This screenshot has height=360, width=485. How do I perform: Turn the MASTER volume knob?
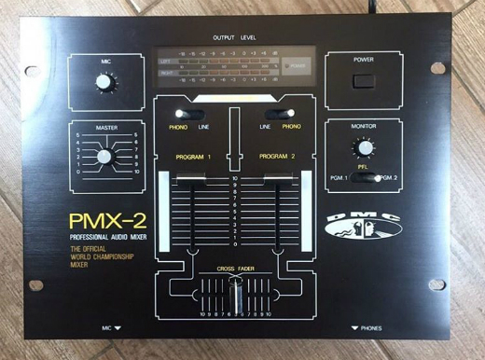[x=104, y=155]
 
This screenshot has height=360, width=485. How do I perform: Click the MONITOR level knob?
[x=362, y=146]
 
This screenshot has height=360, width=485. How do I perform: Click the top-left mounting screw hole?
[x=31, y=69]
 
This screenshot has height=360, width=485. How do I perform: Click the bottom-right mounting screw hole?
[x=436, y=284]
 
